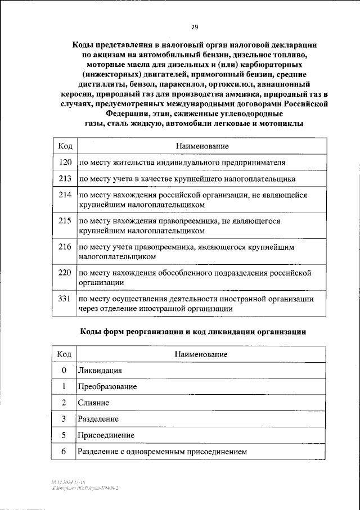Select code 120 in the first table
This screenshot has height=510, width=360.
pyautogui.click(x=65, y=163)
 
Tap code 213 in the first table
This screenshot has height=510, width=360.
pyautogui.click(x=65, y=179)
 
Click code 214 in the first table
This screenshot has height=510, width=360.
pyautogui.click(x=65, y=195)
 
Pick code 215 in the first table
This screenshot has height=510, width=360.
pyautogui.click(x=65, y=221)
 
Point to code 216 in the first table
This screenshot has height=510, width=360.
pyautogui.click(x=65, y=247)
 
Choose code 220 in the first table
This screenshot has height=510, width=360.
pyautogui.click(x=65, y=273)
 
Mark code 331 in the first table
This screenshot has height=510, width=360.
pyautogui.click(x=65, y=299)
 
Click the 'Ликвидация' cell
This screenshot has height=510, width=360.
pyautogui.click(x=100, y=371)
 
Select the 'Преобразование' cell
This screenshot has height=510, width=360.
pyautogui.click(x=107, y=387)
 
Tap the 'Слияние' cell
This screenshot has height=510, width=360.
pyautogui.click(x=93, y=403)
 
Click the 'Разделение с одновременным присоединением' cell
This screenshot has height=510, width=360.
pyautogui.click(x=162, y=452)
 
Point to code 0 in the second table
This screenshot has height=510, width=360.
pyautogui.click(x=64, y=371)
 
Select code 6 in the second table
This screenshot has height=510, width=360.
pyautogui.click(x=64, y=452)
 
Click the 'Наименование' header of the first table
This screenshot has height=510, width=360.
pyautogui.click(x=201, y=146)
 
